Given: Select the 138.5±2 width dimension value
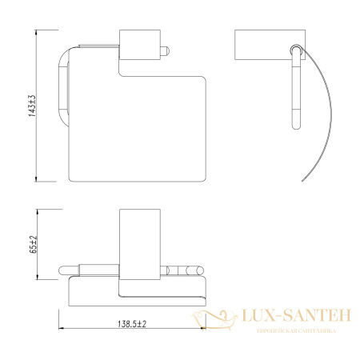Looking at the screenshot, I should coord(134,324).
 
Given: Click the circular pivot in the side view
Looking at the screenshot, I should coord(297,52).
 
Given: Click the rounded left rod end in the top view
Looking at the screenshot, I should coord(66,270).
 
